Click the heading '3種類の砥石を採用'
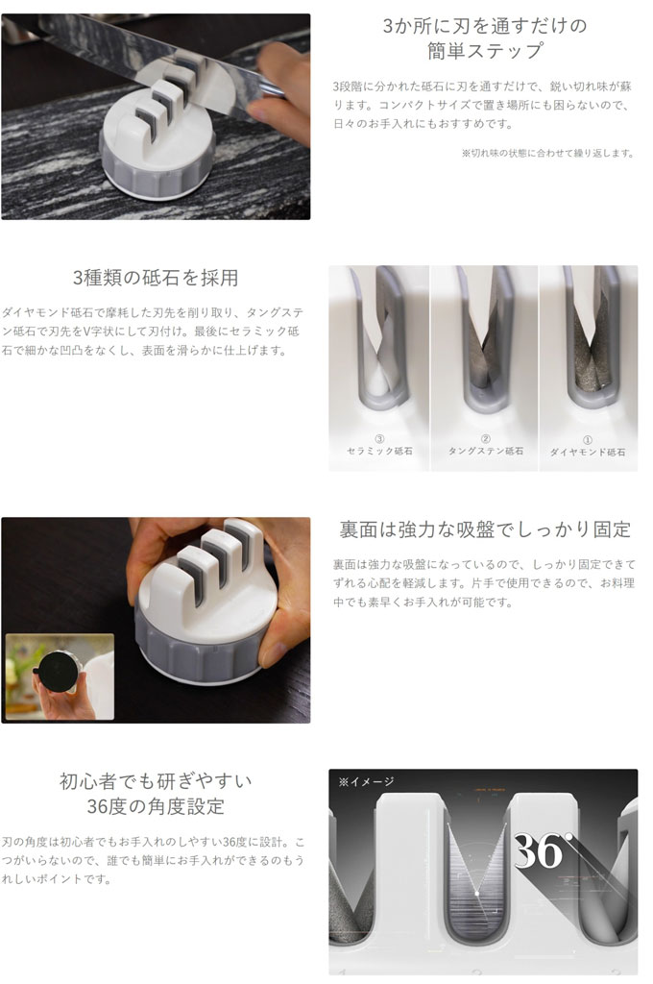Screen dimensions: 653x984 coord(155,278)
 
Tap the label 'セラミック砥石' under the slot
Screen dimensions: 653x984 coord(379,451)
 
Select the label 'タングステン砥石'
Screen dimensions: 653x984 coord(486,451)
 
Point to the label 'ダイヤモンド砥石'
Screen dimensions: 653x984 coord(587,452)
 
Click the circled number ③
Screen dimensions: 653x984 coord(379,438)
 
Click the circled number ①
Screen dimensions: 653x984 coord(587,439)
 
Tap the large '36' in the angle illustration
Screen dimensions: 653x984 coord(539,850)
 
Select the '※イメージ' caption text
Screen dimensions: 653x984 coord(366,781)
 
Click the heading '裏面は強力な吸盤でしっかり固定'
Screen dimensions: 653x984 coord(485,529)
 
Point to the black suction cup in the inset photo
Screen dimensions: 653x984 coord(57,670)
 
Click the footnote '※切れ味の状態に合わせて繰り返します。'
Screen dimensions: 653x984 coord(547,153)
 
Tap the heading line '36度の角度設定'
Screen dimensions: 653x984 coord(156,806)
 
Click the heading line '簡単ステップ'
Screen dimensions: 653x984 coord(485,50)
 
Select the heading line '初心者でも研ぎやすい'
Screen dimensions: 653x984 coord(156,780)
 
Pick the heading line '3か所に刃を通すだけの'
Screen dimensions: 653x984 coord(485,25)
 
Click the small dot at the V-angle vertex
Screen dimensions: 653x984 coord(477,893)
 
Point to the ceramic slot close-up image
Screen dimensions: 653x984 coord(379,368)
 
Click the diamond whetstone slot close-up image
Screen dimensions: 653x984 coord(589,368)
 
